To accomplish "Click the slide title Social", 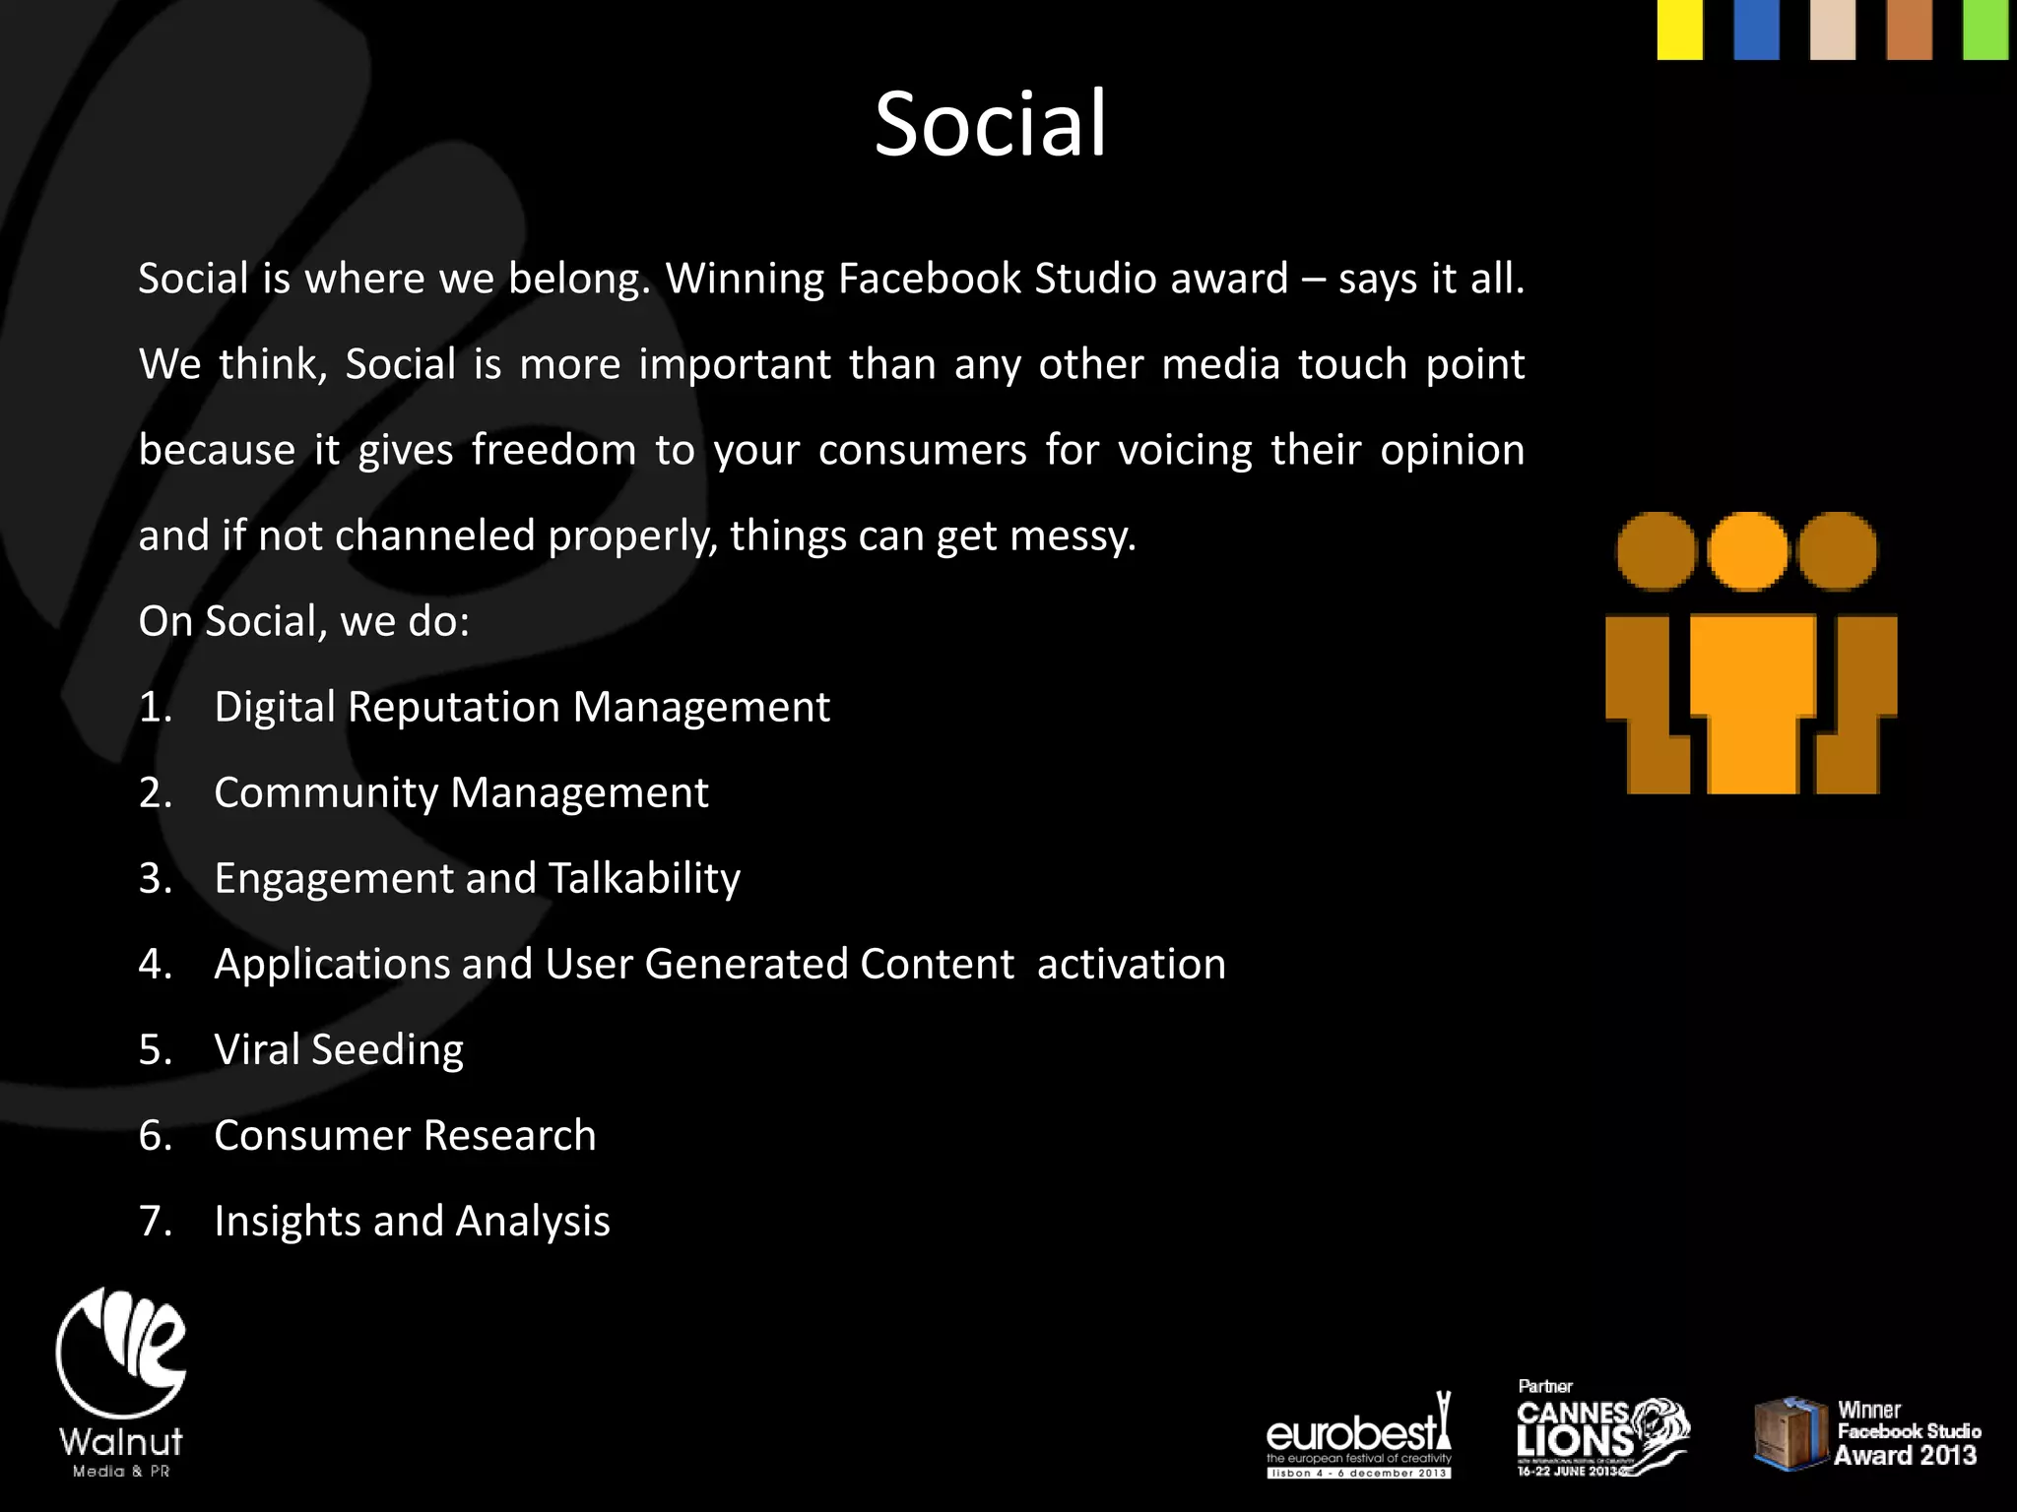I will click(x=991, y=124).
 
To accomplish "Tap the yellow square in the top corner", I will click(x=1679, y=30).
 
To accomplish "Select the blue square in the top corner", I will click(x=1756, y=30).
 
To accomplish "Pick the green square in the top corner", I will click(x=1985, y=30).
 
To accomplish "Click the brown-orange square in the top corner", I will click(x=1909, y=30).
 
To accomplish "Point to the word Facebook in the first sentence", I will click(x=930, y=279).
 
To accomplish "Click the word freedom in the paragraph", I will click(x=553, y=451).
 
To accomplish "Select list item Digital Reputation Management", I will click(x=522, y=707).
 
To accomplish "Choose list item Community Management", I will click(x=461, y=792).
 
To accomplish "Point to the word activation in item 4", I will click(x=1132, y=964).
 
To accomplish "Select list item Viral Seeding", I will click(x=339, y=1049).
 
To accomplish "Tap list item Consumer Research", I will click(x=405, y=1135).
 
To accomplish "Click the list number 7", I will click(x=155, y=1221).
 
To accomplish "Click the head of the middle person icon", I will click(x=1747, y=551).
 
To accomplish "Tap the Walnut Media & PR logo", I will click(x=121, y=1382).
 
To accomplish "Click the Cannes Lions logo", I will click(x=1601, y=1432).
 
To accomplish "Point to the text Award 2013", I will click(x=1905, y=1455).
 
